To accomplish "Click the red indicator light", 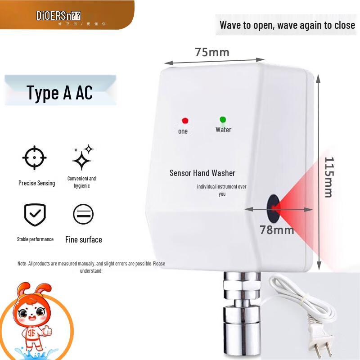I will point(184,121).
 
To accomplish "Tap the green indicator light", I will point(222,120).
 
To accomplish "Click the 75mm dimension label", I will point(212,52).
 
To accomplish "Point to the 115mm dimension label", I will point(328,177).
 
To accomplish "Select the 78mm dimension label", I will point(277,230).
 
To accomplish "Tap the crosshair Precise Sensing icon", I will point(35,158).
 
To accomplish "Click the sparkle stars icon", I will point(82,157).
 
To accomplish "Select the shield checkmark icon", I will point(35,215).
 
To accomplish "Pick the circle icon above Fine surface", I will point(83,214).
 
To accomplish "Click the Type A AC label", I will point(60,93).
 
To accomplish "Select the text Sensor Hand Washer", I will point(202,173).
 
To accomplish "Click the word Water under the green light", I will point(223,130).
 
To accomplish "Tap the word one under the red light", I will point(183,131).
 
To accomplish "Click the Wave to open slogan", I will point(287,25).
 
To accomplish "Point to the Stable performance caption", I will point(35,239).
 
